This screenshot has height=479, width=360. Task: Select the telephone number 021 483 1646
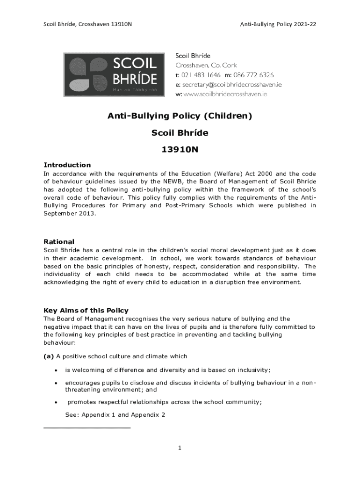[201, 75]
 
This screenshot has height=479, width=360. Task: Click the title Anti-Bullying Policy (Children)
[180, 116]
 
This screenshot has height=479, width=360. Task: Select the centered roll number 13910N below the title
[180, 150]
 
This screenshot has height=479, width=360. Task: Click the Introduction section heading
[67, 165]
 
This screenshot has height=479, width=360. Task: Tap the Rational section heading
[59, 242]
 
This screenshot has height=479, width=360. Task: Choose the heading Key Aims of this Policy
[86, 311]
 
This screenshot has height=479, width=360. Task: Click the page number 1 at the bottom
[180, 448]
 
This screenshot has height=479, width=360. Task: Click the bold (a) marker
[49, 356]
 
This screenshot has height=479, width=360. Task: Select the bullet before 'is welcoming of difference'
[56, 370]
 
